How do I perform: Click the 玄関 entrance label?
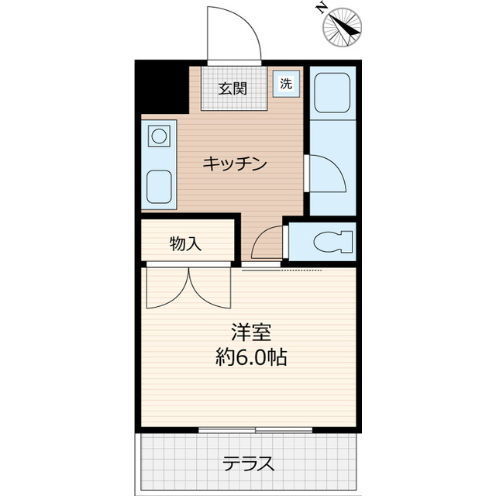pos(232,88)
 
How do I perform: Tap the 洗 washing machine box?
pos(286,84)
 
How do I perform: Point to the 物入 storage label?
pos(186,244)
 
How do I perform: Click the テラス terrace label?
pos(249,464)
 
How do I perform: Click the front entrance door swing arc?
pos(232,35)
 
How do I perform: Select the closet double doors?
pos(188,287)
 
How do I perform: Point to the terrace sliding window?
pos(256,429)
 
